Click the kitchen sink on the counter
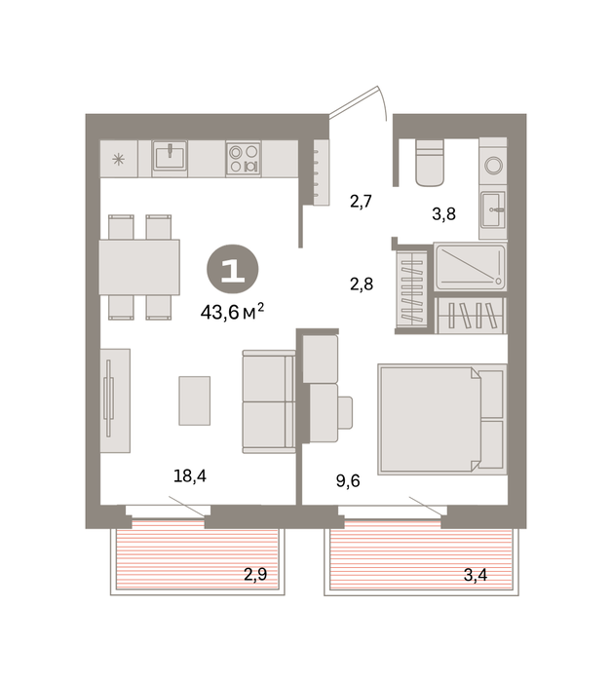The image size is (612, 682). coord(170,155)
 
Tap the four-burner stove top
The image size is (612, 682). coord(244,158)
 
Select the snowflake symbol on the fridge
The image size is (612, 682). coord(118,159)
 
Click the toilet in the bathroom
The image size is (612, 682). coord(430,163)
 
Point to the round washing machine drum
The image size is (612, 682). coord(494,166)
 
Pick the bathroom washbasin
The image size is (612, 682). coord(493,209)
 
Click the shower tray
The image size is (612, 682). coord(470,267)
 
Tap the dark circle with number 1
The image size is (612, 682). coord(233,270)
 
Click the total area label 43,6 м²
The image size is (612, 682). coord(232,312)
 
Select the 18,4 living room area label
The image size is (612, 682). coord(190,475)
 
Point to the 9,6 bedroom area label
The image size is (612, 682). coord(348,481)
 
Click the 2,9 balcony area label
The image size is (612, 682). coord(255,575)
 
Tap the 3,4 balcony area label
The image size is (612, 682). coord(476,575)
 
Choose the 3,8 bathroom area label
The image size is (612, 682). coord(443,214)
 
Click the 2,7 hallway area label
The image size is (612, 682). coord(361,202)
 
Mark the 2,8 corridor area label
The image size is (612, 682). coord(362,284)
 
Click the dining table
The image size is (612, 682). coord(139,267)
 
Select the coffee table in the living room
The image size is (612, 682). coord(195,400)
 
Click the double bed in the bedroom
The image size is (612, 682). coord(442,419)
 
